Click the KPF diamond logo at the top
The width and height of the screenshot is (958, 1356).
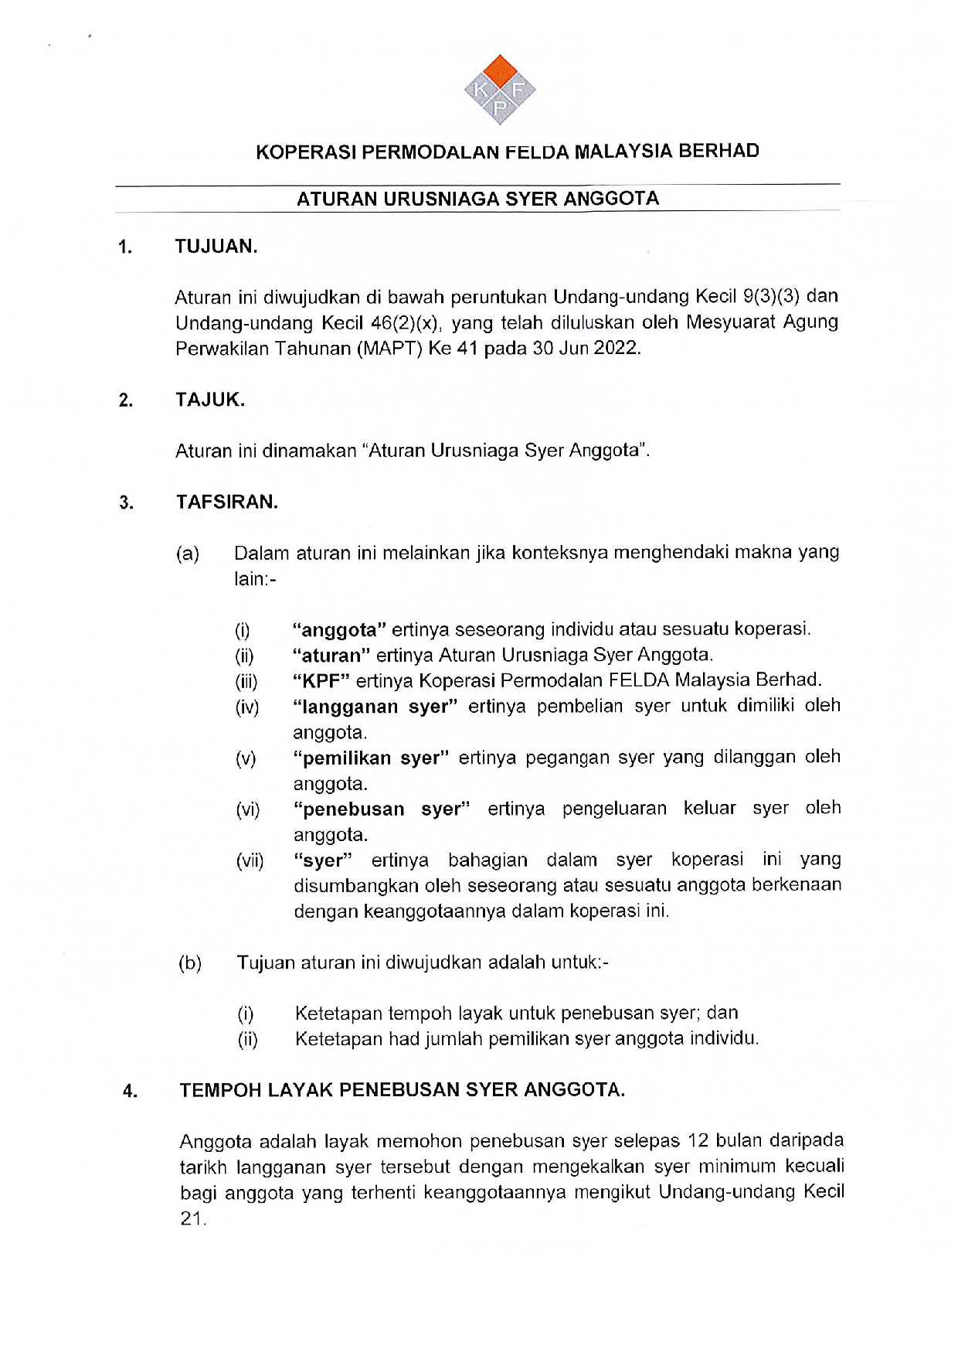500,90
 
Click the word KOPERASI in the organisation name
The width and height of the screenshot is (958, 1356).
306,152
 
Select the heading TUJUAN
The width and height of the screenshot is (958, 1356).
216,247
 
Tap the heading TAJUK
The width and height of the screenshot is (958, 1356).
209,400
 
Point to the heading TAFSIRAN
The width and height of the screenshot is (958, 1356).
226,502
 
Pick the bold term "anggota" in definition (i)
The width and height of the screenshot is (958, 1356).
339,629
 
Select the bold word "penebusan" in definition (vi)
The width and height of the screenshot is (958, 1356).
353,809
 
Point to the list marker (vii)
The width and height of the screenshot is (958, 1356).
250,860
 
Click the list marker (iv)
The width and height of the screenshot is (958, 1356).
247,707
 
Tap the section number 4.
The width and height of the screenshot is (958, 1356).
129,1091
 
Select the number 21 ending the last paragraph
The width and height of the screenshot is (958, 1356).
192,1219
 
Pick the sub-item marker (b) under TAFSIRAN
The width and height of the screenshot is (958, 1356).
190,963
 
